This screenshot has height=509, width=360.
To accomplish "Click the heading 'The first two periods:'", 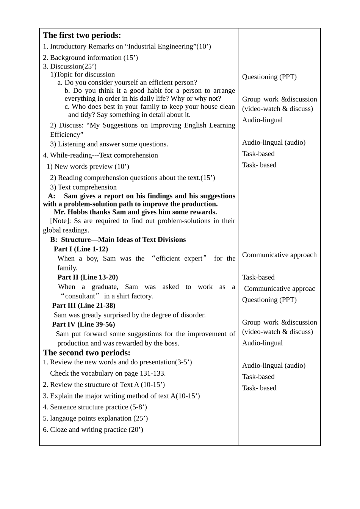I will (82, 35).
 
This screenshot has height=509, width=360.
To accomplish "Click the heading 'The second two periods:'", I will (86, 353).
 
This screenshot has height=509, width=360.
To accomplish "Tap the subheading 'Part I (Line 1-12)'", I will (81, 249).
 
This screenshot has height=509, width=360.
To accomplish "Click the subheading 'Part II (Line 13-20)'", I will (88, 277).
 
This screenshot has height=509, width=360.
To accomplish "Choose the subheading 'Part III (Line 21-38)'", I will (83, 306).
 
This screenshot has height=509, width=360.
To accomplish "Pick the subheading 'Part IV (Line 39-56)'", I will (83, 325).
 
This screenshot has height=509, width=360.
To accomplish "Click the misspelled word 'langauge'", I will (64, 418).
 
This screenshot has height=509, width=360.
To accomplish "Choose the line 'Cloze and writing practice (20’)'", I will (96, 430).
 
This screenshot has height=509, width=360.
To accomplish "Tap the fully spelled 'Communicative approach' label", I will (279, 255).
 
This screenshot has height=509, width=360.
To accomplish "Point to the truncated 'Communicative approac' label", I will (279, 289).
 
